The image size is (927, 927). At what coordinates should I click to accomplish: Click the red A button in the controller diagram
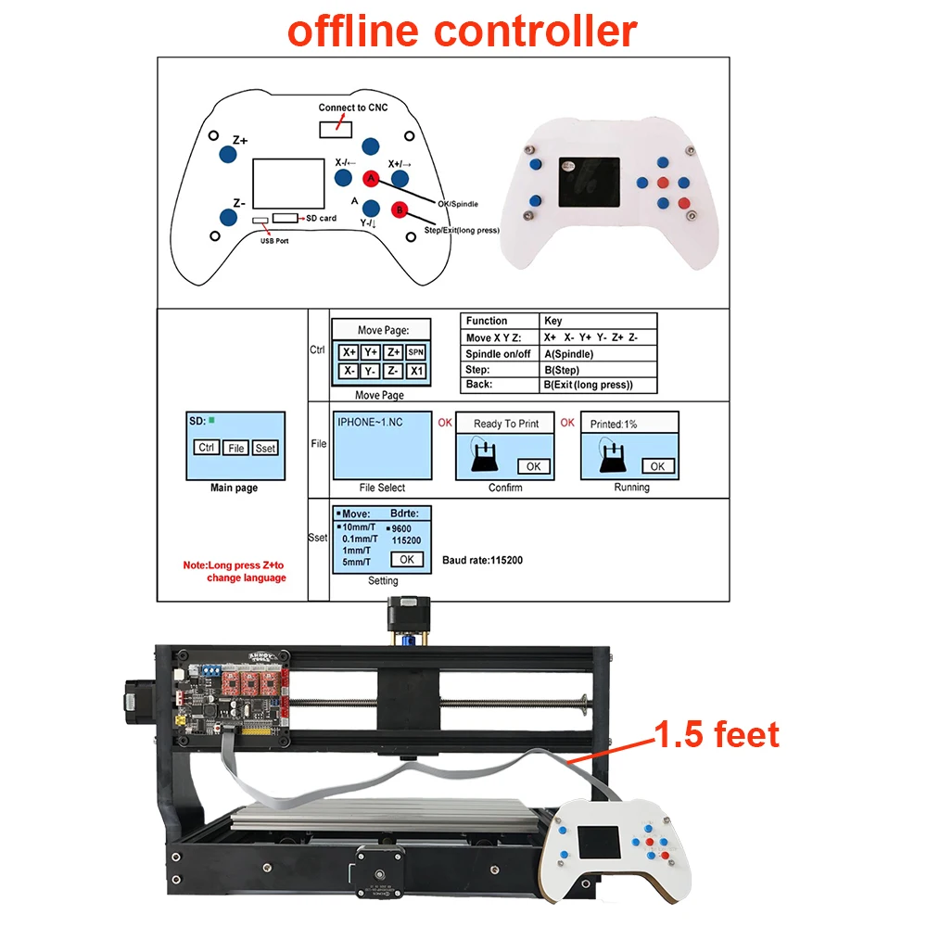(371, 177)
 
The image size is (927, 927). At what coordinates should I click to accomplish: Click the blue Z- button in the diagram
(227, 217)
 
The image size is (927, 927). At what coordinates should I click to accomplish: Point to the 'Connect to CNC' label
(353, 108)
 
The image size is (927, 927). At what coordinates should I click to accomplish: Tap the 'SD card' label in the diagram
(322, 218)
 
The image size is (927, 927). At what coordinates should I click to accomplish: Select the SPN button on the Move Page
(416, 352)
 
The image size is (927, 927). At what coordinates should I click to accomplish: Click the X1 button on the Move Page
(416, 371)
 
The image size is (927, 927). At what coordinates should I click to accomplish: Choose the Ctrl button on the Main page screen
(207, 448)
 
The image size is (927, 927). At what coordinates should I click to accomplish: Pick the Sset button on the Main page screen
(265, 448)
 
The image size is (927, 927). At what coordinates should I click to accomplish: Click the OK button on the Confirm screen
(533, 466)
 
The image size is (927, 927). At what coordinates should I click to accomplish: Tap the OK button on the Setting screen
(406, 559)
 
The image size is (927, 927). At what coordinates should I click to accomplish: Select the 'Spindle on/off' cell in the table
(498, 354)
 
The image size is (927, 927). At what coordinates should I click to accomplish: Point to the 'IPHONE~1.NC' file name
(370, 422)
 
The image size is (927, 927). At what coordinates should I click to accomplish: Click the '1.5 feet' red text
(717, 735)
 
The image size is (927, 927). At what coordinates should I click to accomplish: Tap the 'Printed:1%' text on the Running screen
(614, 424)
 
